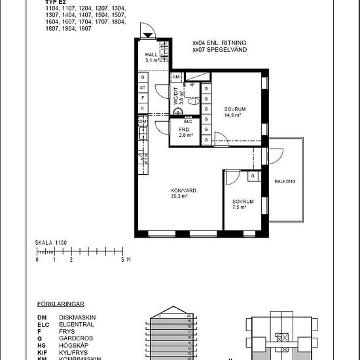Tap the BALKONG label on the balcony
click(284, 181)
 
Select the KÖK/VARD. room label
click(184, 190)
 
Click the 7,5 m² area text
click(239, 207)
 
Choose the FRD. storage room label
click(184, 130)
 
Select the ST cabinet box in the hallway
click(142, 87)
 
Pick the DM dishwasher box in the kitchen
click(142, 122)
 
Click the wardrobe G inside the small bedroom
click(252, 177)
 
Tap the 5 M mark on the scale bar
click(123, 260)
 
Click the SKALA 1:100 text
click(51, 243)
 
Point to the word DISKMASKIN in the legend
click(77, 317)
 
